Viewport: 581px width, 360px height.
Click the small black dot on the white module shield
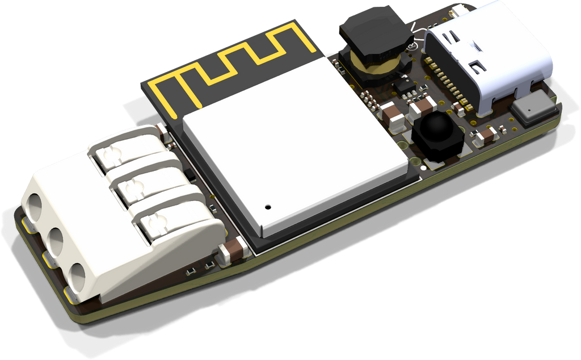point(268,207)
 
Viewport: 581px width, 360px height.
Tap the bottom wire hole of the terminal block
point(76,276)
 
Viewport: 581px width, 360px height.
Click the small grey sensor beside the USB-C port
point(534,108)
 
